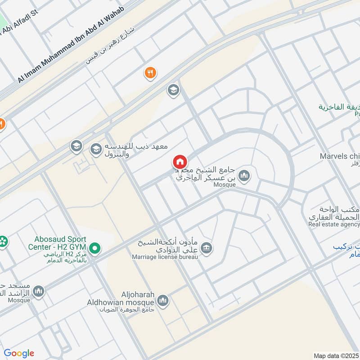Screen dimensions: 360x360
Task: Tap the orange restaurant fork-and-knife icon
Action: (x=150, y=72)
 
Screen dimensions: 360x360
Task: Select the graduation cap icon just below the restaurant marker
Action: (x=173, y=90)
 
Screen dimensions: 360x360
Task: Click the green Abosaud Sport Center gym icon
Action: (x=94, y=248)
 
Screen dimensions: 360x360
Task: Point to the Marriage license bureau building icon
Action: (x=207, y=248)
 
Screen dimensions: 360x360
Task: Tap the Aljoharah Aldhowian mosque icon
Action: (x=163, y=300)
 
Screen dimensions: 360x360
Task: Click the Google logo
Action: (x=19, y=353)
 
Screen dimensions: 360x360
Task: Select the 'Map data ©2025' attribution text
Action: (x=336, y=355)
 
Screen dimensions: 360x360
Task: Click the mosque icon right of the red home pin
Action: (x=244, y=176)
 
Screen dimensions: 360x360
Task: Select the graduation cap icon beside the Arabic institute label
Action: (x=96, y=149)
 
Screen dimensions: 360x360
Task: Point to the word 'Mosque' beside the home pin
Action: (x=225, y=184)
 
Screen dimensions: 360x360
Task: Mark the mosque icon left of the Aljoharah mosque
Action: (x=39, y=291)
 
